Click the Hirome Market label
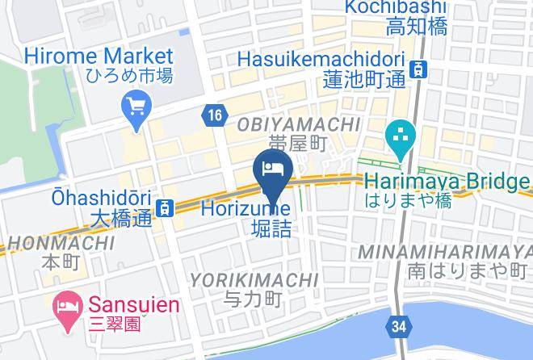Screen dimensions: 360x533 (99, 56)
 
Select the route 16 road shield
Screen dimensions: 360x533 (213, 115)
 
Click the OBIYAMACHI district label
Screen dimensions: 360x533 (298, 123)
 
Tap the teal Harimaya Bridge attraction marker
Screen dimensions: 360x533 (399, 140)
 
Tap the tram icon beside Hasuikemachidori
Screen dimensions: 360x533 (418, 69)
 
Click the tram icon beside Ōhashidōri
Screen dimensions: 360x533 (165, 207)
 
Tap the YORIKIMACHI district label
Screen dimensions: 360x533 (254, 280)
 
